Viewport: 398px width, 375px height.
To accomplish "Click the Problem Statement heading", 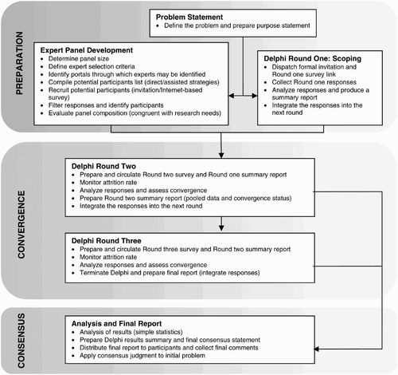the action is tap(189, 17).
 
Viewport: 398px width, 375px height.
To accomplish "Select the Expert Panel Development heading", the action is tap(87, 50).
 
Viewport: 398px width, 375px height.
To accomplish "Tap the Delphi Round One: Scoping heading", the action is tap(312, 58).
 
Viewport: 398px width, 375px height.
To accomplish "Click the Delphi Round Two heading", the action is tap(103, 166).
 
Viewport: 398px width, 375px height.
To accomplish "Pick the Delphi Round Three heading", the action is tap(106, 241).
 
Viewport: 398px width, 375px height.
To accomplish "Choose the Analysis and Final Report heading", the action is tap(116, 324).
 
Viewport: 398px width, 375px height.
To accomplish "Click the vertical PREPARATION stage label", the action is tap(19, 63).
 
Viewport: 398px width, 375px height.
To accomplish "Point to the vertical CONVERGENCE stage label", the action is tap(21, 224).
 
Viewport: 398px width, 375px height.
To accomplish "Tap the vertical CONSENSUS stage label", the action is tap(21, 341).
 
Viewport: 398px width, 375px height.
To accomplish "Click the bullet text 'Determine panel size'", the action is tap(79, 59).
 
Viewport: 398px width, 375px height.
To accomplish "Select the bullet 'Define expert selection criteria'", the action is tap(92, 66).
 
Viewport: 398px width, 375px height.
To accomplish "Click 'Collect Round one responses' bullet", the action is tap(314, 82).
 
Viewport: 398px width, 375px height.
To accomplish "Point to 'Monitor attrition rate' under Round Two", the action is tap(108, 183).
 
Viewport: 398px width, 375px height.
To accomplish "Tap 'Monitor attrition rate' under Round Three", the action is tap(108, 257).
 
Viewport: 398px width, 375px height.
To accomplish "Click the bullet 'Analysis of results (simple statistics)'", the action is tap(131, 332).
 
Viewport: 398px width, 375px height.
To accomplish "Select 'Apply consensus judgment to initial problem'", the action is tap(142, 356).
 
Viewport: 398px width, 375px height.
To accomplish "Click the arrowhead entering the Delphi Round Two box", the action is tap(221, 156).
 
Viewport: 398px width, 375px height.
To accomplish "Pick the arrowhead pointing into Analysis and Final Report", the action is tap(317, 349).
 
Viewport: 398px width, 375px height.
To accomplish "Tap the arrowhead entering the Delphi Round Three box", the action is tap(221, 228).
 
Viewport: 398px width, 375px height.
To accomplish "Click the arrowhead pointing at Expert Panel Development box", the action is tap(232, 96).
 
